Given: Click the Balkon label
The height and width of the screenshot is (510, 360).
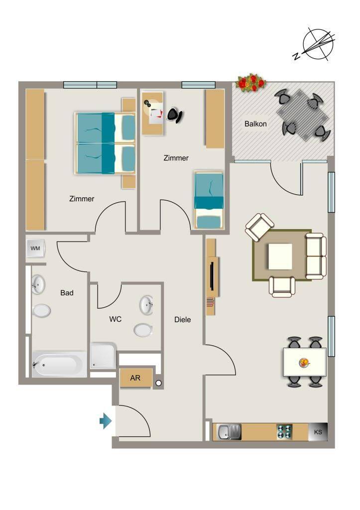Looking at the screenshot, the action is (255, 124).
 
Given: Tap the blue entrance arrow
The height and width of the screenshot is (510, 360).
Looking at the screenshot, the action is (106, 421).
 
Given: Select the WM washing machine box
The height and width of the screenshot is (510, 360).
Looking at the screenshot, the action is (35, 249).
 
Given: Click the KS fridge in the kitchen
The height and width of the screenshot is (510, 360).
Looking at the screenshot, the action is (318, 432).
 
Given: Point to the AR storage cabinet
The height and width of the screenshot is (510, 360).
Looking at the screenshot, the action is (135, 378).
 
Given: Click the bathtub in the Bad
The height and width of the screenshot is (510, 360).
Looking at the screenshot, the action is (59, 364).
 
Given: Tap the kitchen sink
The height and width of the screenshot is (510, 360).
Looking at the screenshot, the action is (229, 432).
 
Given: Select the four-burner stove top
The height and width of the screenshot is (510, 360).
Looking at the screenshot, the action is (284, 432).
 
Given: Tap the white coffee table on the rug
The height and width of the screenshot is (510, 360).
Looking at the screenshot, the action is (280, 256).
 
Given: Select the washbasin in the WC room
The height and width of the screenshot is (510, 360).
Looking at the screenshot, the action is (146, 305).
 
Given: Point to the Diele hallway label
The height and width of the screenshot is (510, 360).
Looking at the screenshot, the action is (182, 320).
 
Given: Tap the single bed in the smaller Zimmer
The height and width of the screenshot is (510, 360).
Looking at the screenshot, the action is (209, 200).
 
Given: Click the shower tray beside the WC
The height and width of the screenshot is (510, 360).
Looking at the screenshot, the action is (103, 356).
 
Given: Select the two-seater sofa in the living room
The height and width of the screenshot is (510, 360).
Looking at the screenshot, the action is (316, 256).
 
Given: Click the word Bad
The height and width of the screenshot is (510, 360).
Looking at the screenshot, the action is (67, 293).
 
